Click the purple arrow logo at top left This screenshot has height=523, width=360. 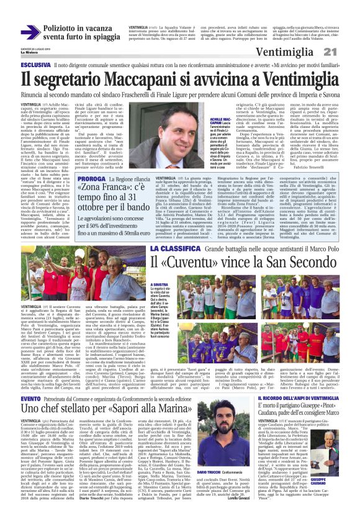[x=30, y=32]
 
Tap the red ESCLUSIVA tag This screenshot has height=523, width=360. [x=35, y=65]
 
